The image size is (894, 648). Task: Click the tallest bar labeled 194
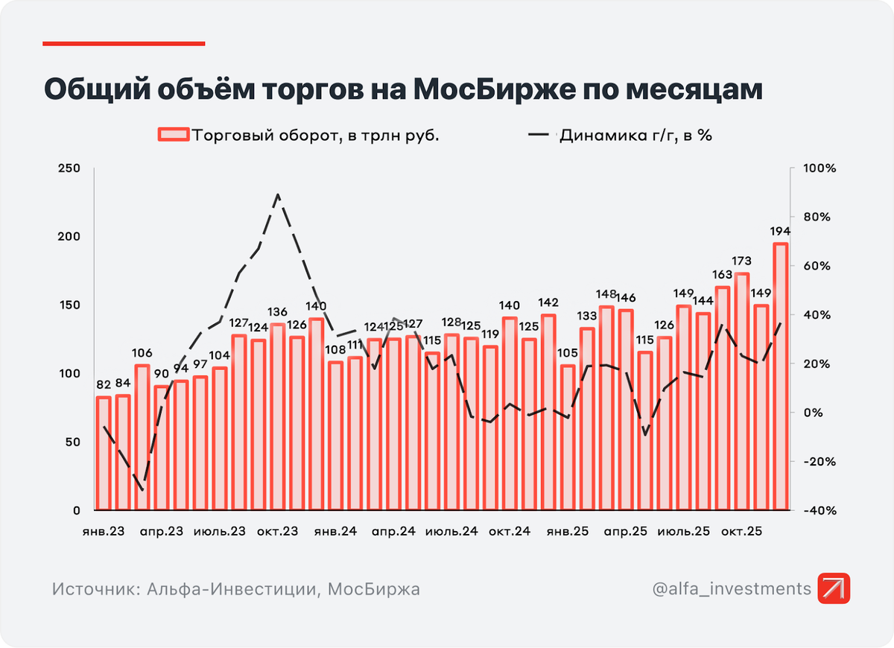tap(780, 376)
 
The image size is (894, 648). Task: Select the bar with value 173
tap(741, 391)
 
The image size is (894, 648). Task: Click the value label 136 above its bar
tap(277, 312)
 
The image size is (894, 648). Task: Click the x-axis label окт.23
tap(277, 533)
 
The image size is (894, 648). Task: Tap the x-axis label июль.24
tap(451, 533)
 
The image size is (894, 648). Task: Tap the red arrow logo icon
tap(833, 588)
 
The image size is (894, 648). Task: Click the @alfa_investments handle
tap(731, 588)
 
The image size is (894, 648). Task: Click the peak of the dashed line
tap(277, 195)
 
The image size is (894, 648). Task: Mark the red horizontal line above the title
tap(124, 43)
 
